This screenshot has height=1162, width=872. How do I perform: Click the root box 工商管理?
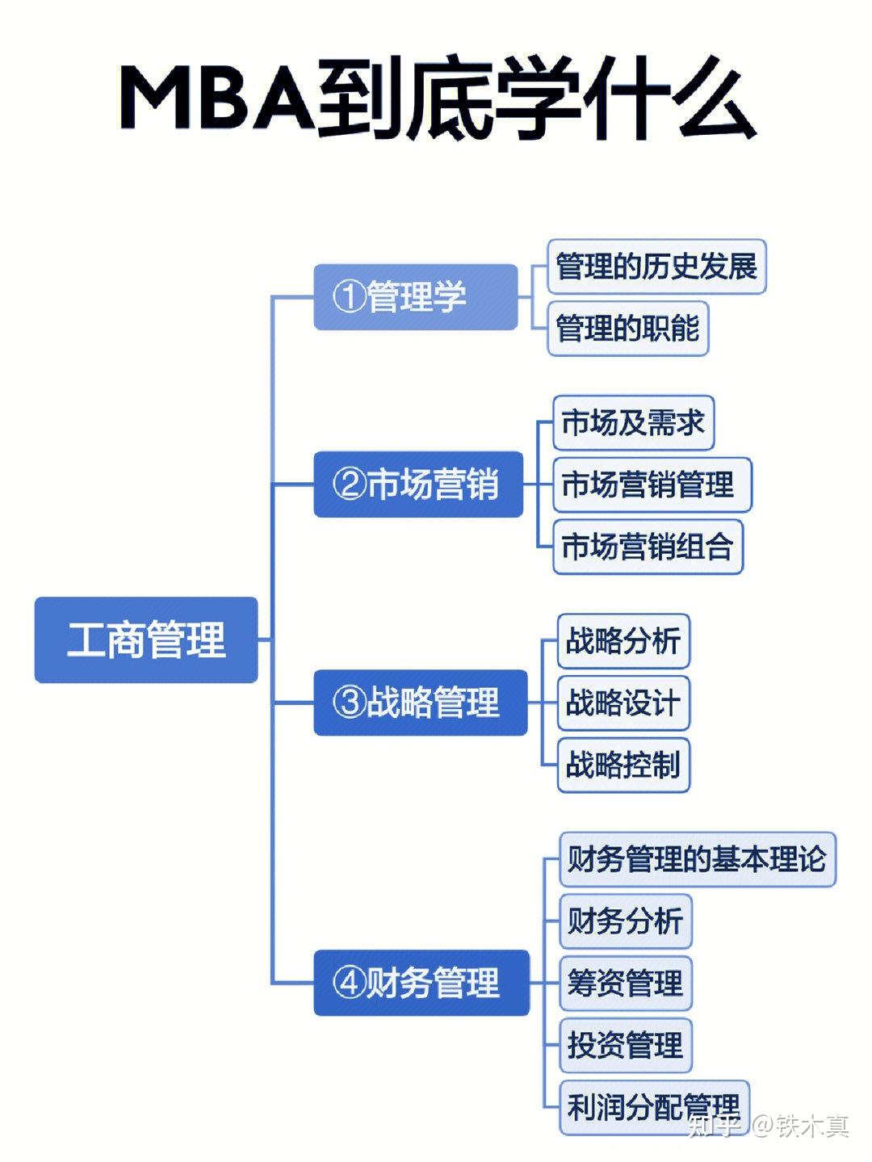146,640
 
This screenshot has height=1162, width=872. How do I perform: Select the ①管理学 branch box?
415,297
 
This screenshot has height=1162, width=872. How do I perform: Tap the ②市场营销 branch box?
418,484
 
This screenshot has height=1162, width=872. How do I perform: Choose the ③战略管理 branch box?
421,703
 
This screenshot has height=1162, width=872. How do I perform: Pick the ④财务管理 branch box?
421,983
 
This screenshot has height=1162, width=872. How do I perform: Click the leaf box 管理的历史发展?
656,266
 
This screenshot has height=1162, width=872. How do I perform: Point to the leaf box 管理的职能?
627,328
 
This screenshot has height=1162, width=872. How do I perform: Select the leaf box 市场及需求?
633,422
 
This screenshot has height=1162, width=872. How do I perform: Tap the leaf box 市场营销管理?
652,485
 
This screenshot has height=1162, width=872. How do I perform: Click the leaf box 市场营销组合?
648,547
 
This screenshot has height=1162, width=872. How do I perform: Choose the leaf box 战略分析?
623,640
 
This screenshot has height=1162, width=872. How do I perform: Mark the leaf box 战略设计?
623,703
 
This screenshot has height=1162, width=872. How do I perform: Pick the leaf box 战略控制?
623,765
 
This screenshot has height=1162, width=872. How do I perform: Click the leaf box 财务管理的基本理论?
698,858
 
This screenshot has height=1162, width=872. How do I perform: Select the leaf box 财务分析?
626,921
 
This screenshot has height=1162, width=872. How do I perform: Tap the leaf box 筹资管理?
626,983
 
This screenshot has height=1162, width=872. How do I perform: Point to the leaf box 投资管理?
626,1044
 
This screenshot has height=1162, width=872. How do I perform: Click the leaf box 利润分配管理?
654,1106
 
